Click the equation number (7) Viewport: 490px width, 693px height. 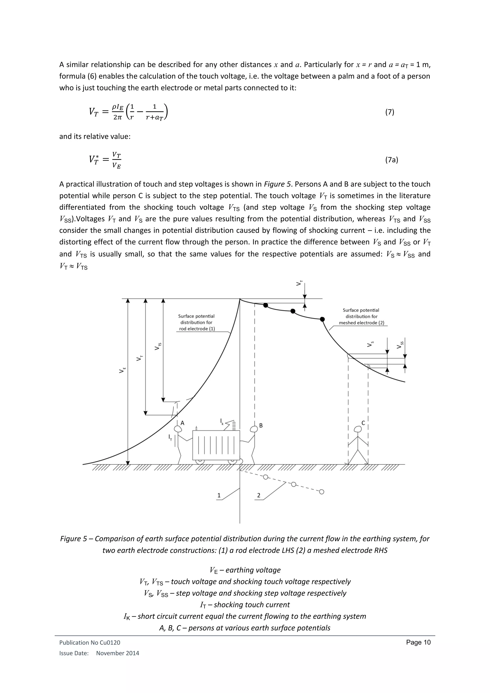[x=390, y=112]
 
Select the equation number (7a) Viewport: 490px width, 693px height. [x=391, y=160]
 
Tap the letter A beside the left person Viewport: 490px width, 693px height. [x=182, y=423]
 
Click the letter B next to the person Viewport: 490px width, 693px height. [x=261, y=425]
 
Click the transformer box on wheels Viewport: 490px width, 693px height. [x=216, y=445]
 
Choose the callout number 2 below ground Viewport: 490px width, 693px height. [x=259, y=495]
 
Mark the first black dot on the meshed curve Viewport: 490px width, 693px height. [x=266, y=305]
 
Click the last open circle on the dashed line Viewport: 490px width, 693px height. [x=322, y=492]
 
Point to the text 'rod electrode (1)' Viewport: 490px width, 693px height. [x=197, y=329]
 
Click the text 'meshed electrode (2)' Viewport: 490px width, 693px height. [x=362, y=323]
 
